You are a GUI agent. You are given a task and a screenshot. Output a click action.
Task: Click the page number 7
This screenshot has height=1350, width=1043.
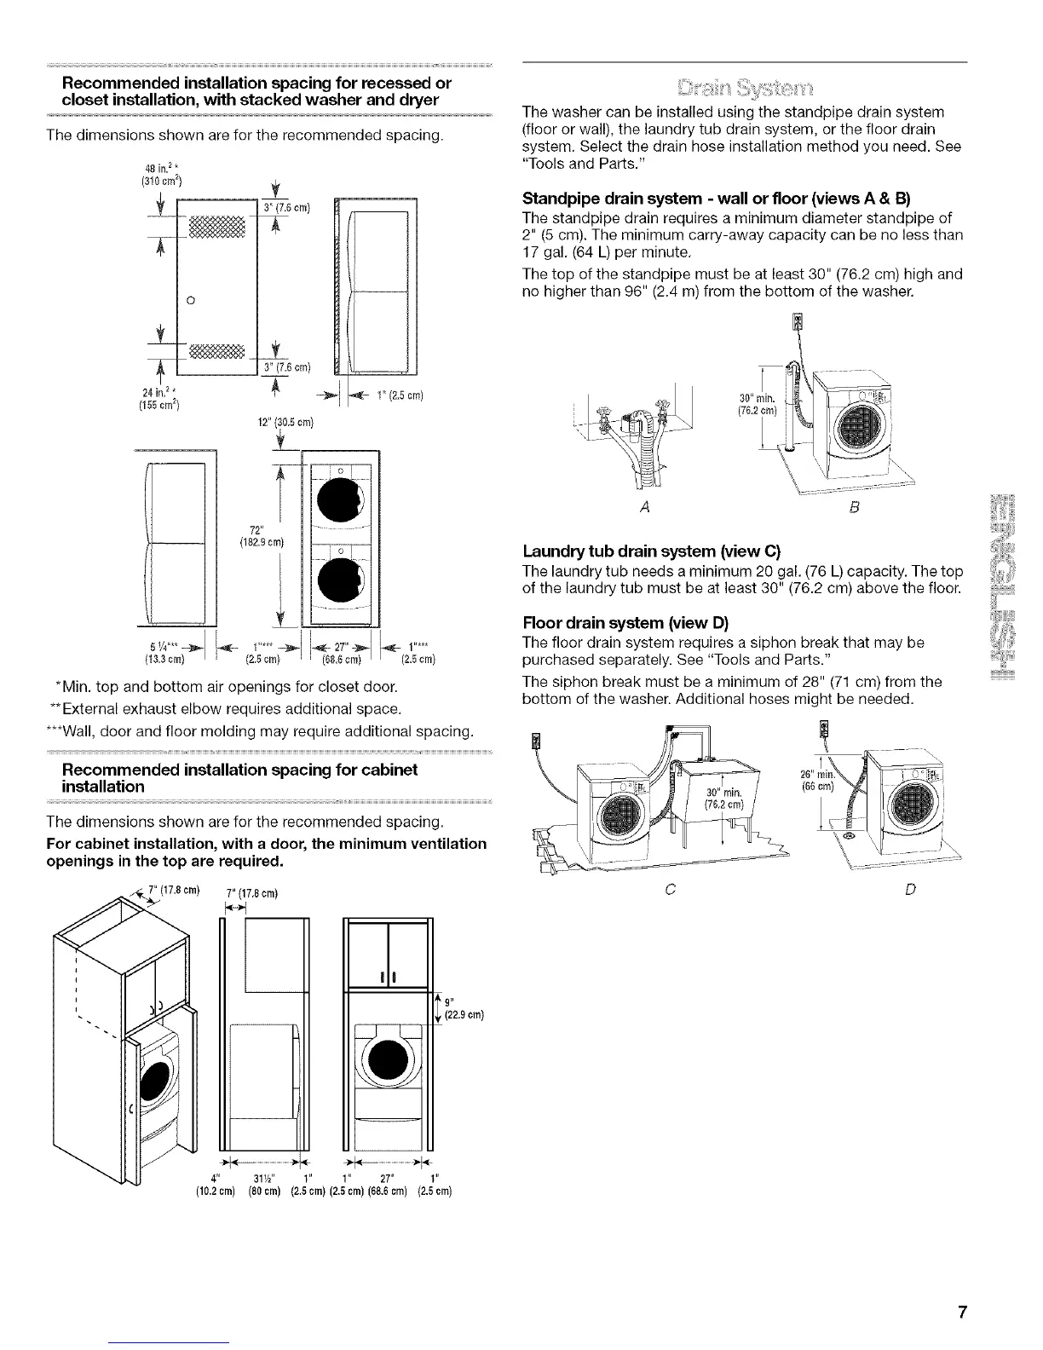tap(961, 1311)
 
